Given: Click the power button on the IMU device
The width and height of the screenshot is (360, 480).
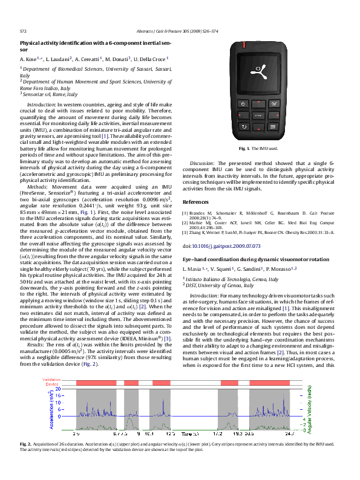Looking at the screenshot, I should click(243, 104).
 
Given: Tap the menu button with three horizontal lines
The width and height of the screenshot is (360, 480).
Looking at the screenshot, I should click(273, 126).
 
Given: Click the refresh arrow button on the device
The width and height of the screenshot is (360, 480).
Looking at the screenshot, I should click(243, 126).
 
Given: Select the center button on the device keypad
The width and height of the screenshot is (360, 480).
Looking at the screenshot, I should click(258, 115).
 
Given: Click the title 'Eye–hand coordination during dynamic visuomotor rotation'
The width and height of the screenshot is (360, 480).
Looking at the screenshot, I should click(249, 259).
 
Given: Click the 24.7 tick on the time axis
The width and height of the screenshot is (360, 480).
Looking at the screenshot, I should click(289, 434).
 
